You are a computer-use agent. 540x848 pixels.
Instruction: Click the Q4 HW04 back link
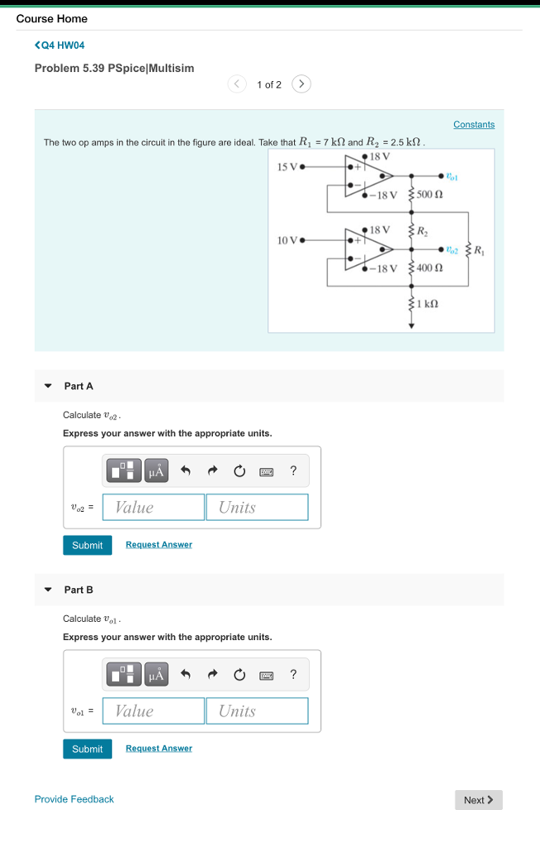pos(60,45)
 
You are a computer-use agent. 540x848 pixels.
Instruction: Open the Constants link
pos(474,124)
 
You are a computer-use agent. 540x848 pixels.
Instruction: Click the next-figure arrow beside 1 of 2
pos(302,84)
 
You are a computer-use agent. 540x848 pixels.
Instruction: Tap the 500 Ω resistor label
pos(430,195)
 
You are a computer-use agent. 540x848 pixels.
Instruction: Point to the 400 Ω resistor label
pos(430,267)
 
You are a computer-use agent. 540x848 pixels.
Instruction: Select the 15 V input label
pos(287,166)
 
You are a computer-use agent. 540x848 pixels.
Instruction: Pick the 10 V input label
pos(287,240)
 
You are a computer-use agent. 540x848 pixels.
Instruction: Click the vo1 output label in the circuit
pos(451,176)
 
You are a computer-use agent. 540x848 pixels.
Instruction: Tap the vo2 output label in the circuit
pos(451,248)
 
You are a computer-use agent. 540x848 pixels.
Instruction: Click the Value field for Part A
pos(154,508)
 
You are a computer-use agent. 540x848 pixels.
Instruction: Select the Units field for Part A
pos(257,508)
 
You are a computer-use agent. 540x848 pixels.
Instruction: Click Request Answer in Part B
pos(159,749)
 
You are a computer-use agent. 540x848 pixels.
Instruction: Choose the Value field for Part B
pos(154,711)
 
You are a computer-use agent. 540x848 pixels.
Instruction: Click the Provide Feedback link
pos(74,799)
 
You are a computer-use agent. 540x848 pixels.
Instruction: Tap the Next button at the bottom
pos(479,800)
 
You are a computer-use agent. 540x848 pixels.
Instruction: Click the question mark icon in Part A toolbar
pos(293,471)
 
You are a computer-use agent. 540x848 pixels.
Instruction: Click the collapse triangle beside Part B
pos(48,590)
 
